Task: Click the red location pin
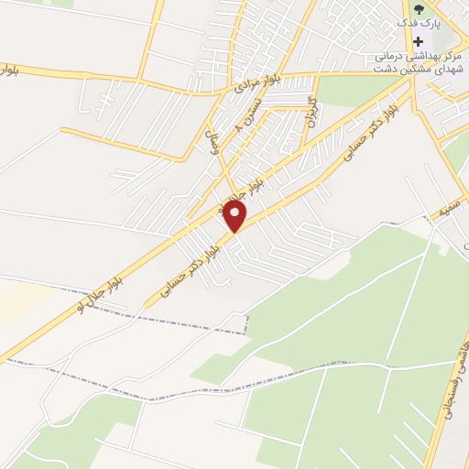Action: point(236,216)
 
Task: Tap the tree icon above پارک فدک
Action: point(420,9)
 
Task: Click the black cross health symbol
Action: point(420,41)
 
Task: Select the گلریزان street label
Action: point(310,111)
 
